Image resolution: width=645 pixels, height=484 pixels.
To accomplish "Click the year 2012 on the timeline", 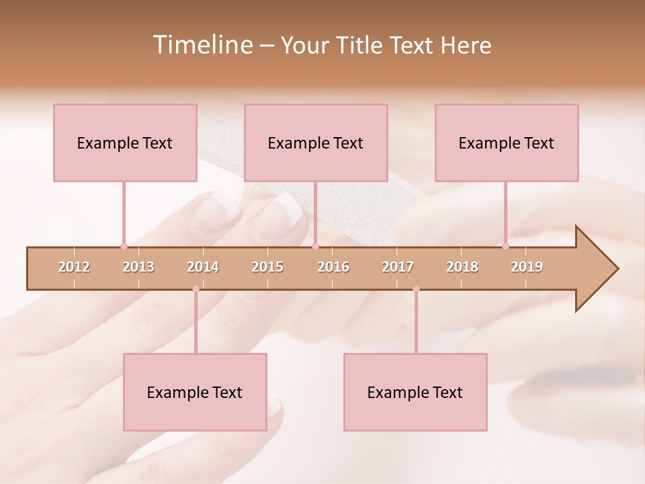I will pos(74,267).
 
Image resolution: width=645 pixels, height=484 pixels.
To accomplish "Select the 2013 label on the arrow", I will pos(138,267).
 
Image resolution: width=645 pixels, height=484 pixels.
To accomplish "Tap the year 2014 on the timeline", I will pos(203,267).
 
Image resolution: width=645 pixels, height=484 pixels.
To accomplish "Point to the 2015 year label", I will pos(267,267).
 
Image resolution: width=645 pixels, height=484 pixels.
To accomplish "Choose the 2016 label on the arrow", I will pos(333,267).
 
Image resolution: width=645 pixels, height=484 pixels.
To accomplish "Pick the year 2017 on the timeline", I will pos(398,267).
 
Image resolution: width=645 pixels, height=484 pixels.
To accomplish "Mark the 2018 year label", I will pos(462,267).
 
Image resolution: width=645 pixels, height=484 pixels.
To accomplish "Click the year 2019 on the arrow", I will pos(527,267).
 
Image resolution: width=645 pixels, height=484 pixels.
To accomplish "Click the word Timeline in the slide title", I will pos(202,45).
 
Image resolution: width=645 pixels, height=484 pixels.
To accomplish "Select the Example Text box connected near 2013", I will pos(125,143).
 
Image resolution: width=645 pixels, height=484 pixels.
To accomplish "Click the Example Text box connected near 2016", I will pos(316,143).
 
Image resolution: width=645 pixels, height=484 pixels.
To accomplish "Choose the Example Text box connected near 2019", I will pos(507,143).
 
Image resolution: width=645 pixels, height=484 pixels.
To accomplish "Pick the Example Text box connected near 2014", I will pos(195,392).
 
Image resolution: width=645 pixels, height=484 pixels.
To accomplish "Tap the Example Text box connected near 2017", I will pos(415,392).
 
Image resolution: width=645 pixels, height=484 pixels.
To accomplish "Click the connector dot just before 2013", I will pos(124,246).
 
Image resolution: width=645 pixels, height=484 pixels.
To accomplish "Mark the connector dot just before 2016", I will pos(315,246).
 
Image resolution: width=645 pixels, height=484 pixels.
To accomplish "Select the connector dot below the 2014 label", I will pos(196,289).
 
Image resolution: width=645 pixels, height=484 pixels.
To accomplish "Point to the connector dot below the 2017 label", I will pos(416,289).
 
